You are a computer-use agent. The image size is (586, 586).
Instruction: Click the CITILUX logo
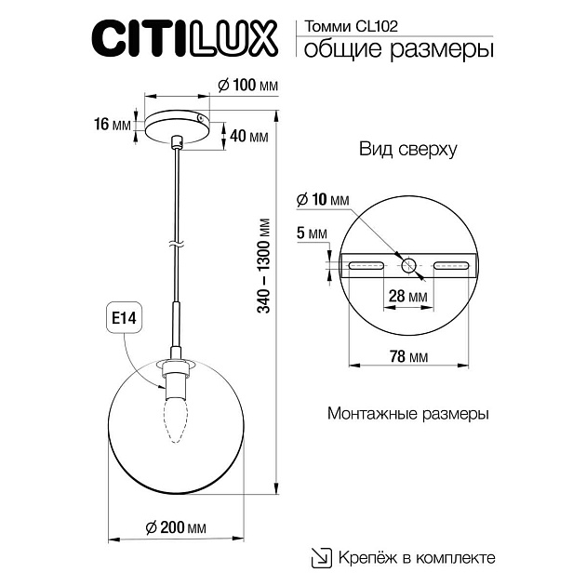184,39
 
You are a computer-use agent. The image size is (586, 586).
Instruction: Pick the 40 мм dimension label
248,137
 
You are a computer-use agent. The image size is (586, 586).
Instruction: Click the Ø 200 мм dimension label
176,527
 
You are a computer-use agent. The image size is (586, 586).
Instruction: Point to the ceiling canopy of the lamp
176,125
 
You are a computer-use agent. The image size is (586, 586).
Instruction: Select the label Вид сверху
407,150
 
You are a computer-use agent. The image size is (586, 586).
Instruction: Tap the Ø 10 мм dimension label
322,200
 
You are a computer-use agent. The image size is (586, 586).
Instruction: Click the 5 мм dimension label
309,233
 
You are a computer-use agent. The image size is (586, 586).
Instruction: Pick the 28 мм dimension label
409,297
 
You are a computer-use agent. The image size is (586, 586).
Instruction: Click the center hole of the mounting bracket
409,266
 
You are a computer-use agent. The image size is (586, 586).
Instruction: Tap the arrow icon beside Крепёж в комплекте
320,557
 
